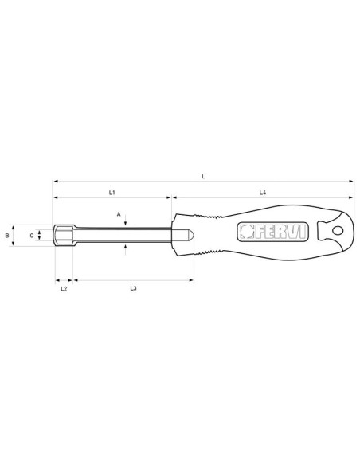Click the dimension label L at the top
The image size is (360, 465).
click(204, 176)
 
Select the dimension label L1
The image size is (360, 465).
click(113, 193)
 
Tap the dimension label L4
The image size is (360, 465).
click(263, 193)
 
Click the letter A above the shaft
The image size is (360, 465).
click(119, 214)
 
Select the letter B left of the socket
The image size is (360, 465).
click(7, 236)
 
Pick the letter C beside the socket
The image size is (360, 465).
click(32, 236)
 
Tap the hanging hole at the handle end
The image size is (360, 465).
click(336, 232)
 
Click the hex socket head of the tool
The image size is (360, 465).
click(63, 236)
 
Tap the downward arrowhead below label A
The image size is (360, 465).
click(126, 225)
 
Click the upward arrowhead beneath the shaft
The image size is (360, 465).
click(126, 246)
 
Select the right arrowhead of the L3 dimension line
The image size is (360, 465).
click(192, 280)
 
